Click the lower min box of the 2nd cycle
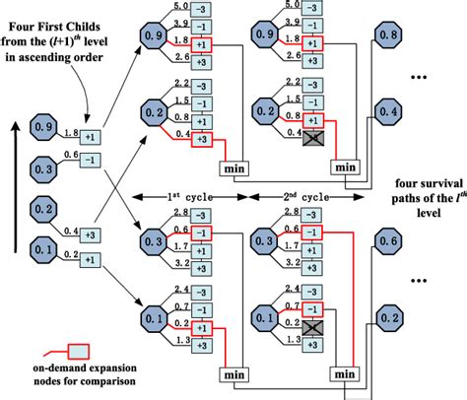click(345, 375)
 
